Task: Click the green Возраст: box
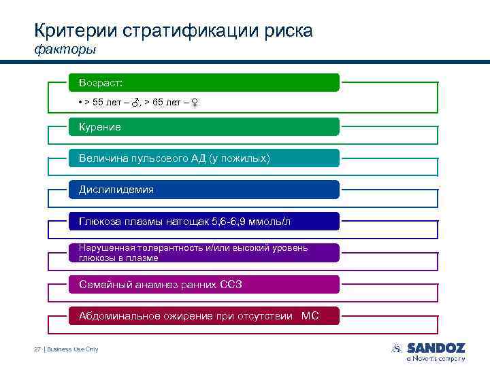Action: tap(203, 83)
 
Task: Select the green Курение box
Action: tap(203, 127)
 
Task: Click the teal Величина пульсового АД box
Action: tap(203, 158)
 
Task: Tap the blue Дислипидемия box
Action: tap(203, 190)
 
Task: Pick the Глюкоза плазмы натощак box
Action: tap(203, 222)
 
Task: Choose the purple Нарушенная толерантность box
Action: tap(203, 253)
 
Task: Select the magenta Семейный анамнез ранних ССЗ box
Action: tap(203, 284)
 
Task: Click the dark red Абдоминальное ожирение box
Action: tap(203, 315)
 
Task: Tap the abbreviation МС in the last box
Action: tap(310, 315)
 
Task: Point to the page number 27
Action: tap(37, 349)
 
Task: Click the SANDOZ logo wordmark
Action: tap(436, 347)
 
